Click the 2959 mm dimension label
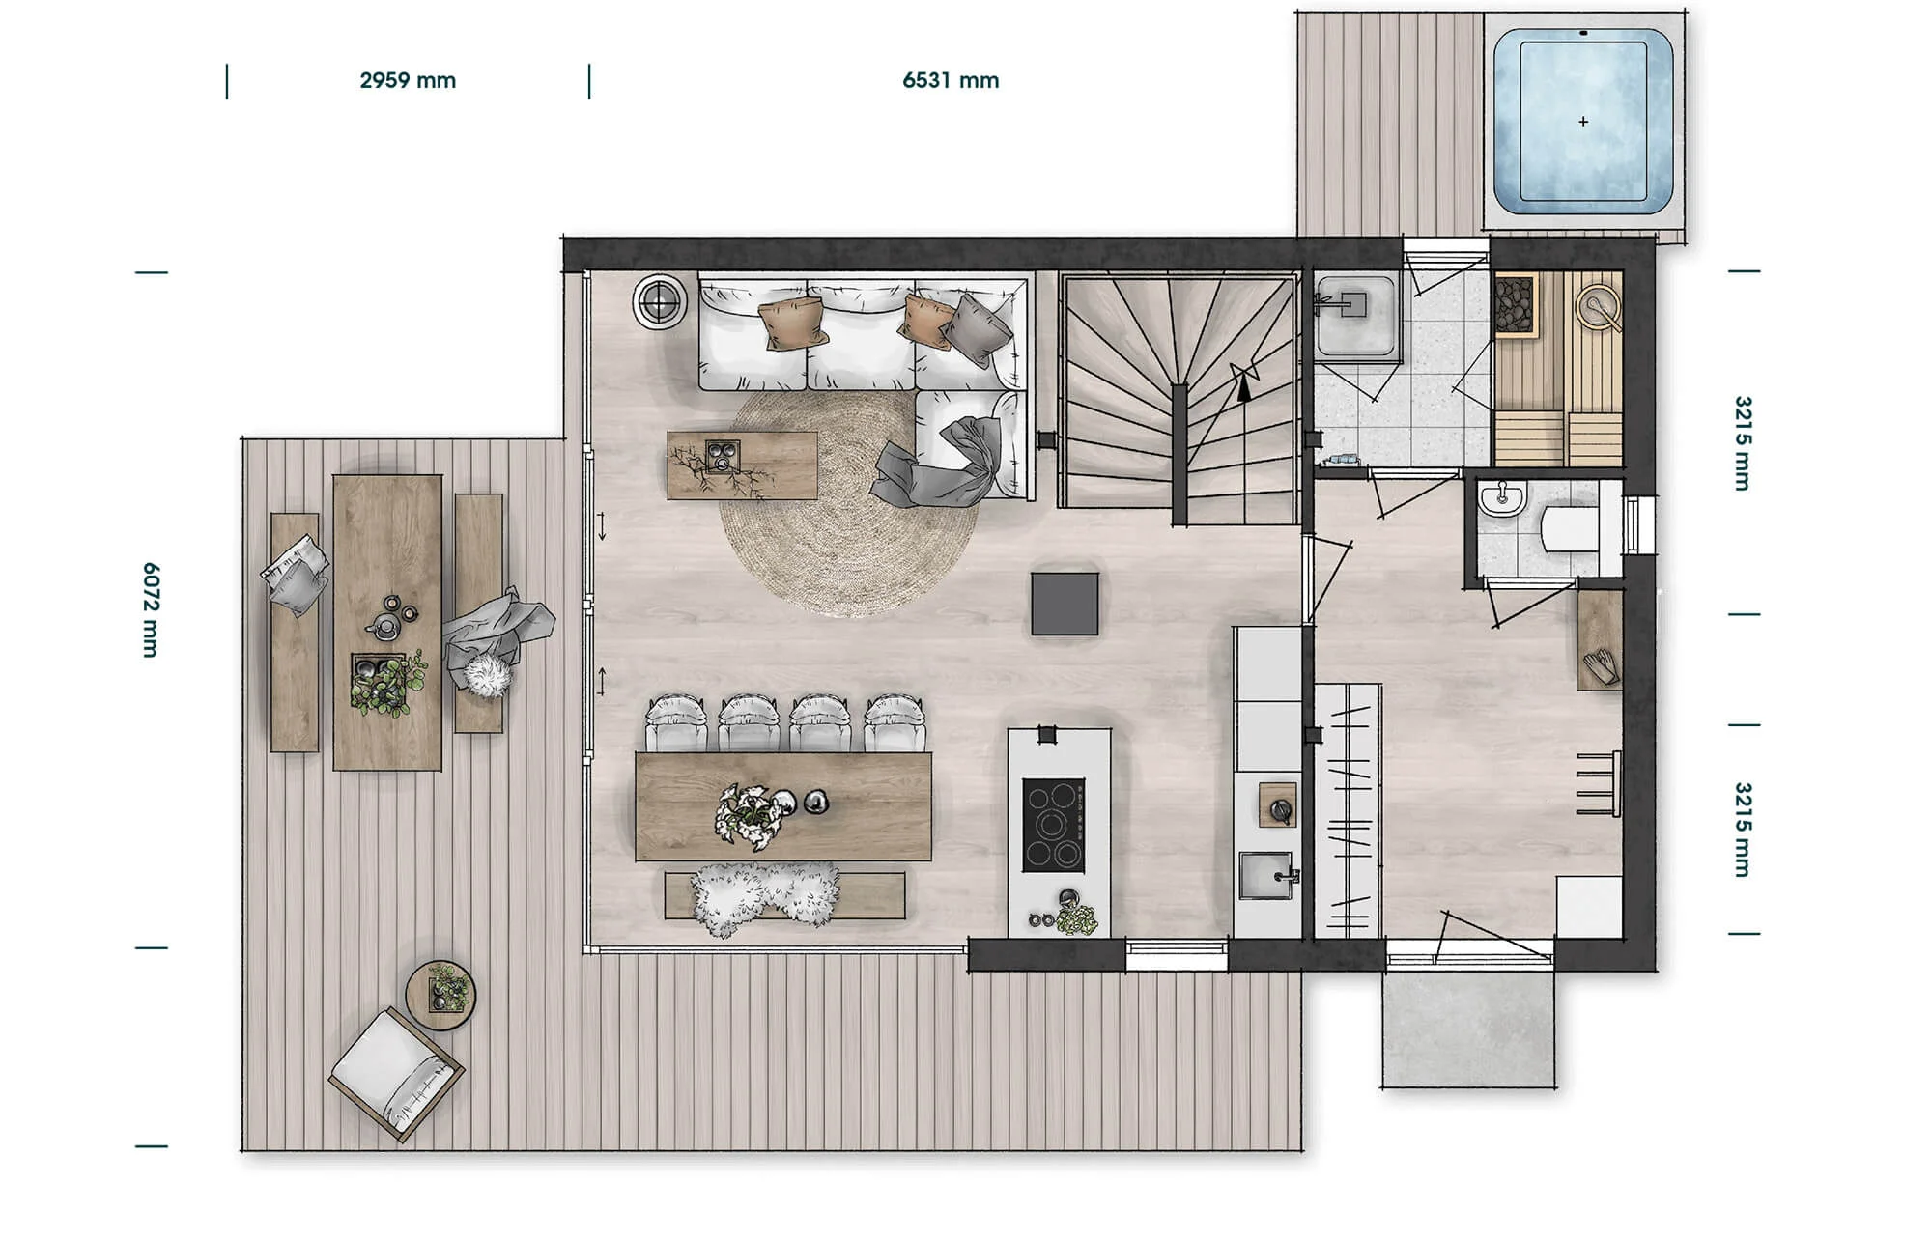tap(408, 80)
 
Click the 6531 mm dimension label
tap(951, 80)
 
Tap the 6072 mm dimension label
tap(150, 610)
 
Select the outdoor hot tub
tap(1583, 122)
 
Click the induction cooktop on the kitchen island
tap(1053, 826)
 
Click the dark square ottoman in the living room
tap(1065, 604)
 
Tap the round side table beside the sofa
tap(660, 302)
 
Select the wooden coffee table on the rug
tap(742, 465)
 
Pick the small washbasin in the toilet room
tap(1501, 497)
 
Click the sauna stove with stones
tap(1515, 305)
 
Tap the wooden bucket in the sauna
tap(1598, 308)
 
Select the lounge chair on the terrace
tap(396, 1072)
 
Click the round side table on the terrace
tap(440, 995)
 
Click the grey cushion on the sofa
tap(977, 329)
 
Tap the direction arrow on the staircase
tap(1244, 382)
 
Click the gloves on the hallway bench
tap(1599, 666)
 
